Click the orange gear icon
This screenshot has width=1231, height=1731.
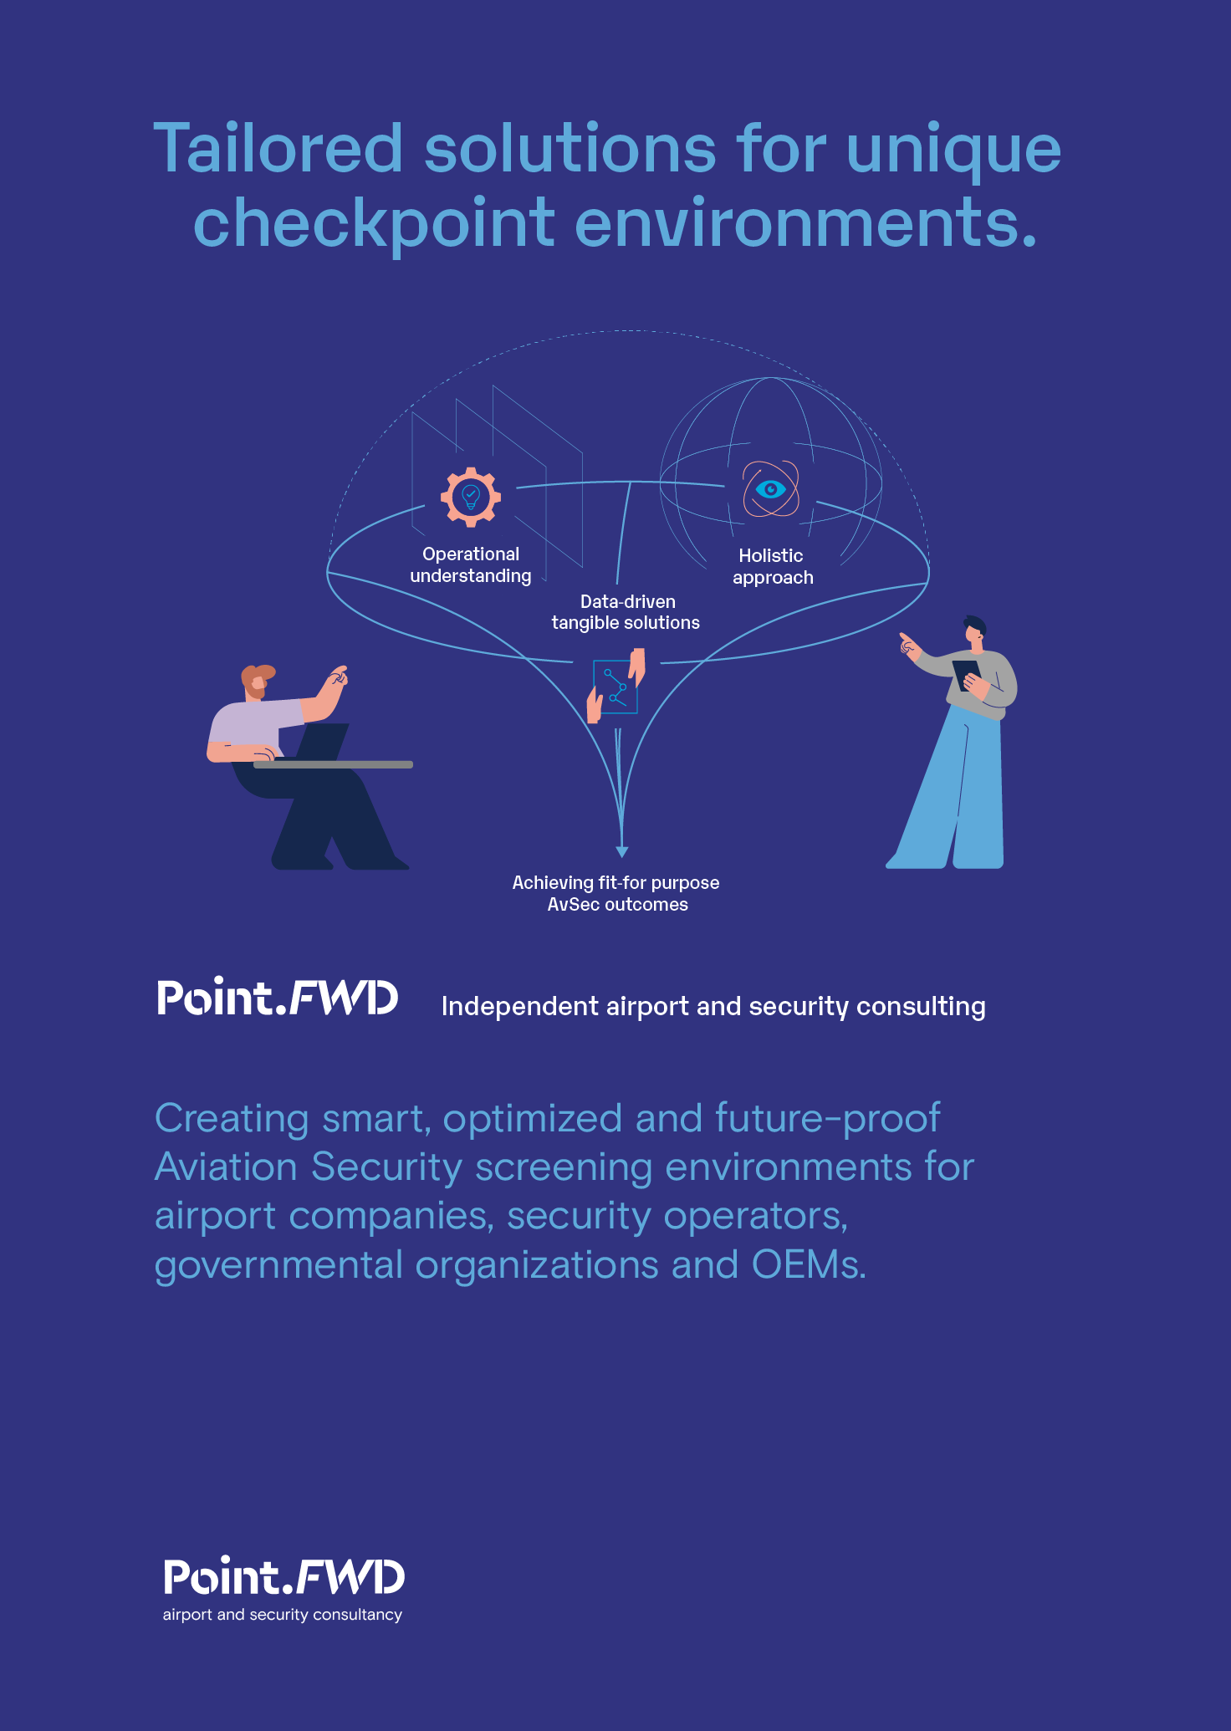(471, 497)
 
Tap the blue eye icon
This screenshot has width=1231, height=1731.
(770, 488)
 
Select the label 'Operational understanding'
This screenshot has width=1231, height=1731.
(471, 565)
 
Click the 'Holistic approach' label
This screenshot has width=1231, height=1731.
(772, 567)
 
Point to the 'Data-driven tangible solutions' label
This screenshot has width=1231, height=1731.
(626, 612)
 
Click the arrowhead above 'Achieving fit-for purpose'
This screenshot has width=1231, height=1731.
(621, 851)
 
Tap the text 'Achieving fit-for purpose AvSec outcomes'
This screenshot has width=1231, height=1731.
(616, 893)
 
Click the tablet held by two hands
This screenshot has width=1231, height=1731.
(615, 687)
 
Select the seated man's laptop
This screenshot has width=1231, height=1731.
(323, 743)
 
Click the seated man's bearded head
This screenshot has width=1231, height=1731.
(256, 681)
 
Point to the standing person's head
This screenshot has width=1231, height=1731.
(975, 631)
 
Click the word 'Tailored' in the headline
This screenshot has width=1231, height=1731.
(278, 149)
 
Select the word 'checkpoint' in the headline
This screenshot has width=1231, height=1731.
(374, 223)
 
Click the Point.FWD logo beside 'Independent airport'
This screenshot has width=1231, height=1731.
(278, 998)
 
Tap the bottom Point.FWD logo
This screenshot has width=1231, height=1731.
(283, 1578)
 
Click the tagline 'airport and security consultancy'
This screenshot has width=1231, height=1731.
(283, 1615)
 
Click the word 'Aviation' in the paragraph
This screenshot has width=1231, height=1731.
(225, 1167)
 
